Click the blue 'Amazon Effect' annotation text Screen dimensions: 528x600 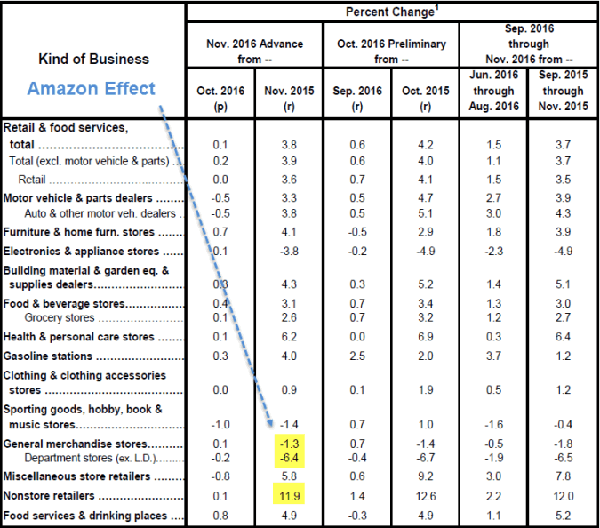(91, 89)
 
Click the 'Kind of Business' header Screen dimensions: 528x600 (93, 59)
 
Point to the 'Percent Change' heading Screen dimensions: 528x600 (391, 11)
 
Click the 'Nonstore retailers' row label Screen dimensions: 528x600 (52, 495)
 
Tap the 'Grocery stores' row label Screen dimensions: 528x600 (60, 317)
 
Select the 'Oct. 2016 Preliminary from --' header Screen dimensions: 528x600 (391, 51)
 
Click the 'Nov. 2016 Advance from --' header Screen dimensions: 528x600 (254, 51)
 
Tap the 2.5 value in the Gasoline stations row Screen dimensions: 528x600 (356, 356)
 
